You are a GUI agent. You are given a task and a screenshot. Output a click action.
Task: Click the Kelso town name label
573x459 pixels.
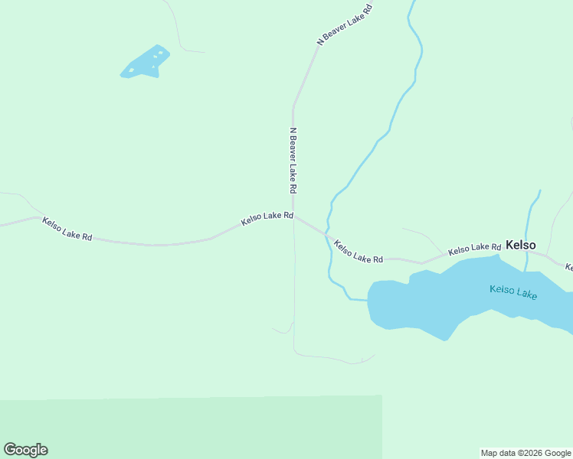click(x=520, y=245)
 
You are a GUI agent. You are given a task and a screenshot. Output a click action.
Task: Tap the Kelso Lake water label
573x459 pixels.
click(x=513, y=291)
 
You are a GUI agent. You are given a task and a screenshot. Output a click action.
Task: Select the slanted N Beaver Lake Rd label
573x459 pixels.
click(x=345, y=24)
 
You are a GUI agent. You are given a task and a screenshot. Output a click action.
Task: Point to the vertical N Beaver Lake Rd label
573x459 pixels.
click(x=293, y=159)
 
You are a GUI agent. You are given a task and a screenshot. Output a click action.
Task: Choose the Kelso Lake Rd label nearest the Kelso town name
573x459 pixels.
click(x=474, y=249)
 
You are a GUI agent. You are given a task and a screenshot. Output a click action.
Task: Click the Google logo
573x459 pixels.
click(x=25, y=450)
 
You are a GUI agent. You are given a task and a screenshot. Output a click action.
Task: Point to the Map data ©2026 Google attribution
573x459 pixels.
click(x=526, y=453)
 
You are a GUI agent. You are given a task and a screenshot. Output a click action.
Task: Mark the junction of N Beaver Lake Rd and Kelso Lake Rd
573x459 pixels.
click(x=294, y=216)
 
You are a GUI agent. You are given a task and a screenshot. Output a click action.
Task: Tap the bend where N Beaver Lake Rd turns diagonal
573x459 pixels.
click(x=293, y=106)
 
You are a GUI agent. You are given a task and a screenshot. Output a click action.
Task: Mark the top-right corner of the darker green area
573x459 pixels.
click(x=381, y=396)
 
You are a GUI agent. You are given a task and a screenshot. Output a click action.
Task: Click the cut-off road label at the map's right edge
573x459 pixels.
click(x=568, y=267)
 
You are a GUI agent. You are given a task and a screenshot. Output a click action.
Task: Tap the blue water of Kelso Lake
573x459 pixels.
click(x=429, y=302)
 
